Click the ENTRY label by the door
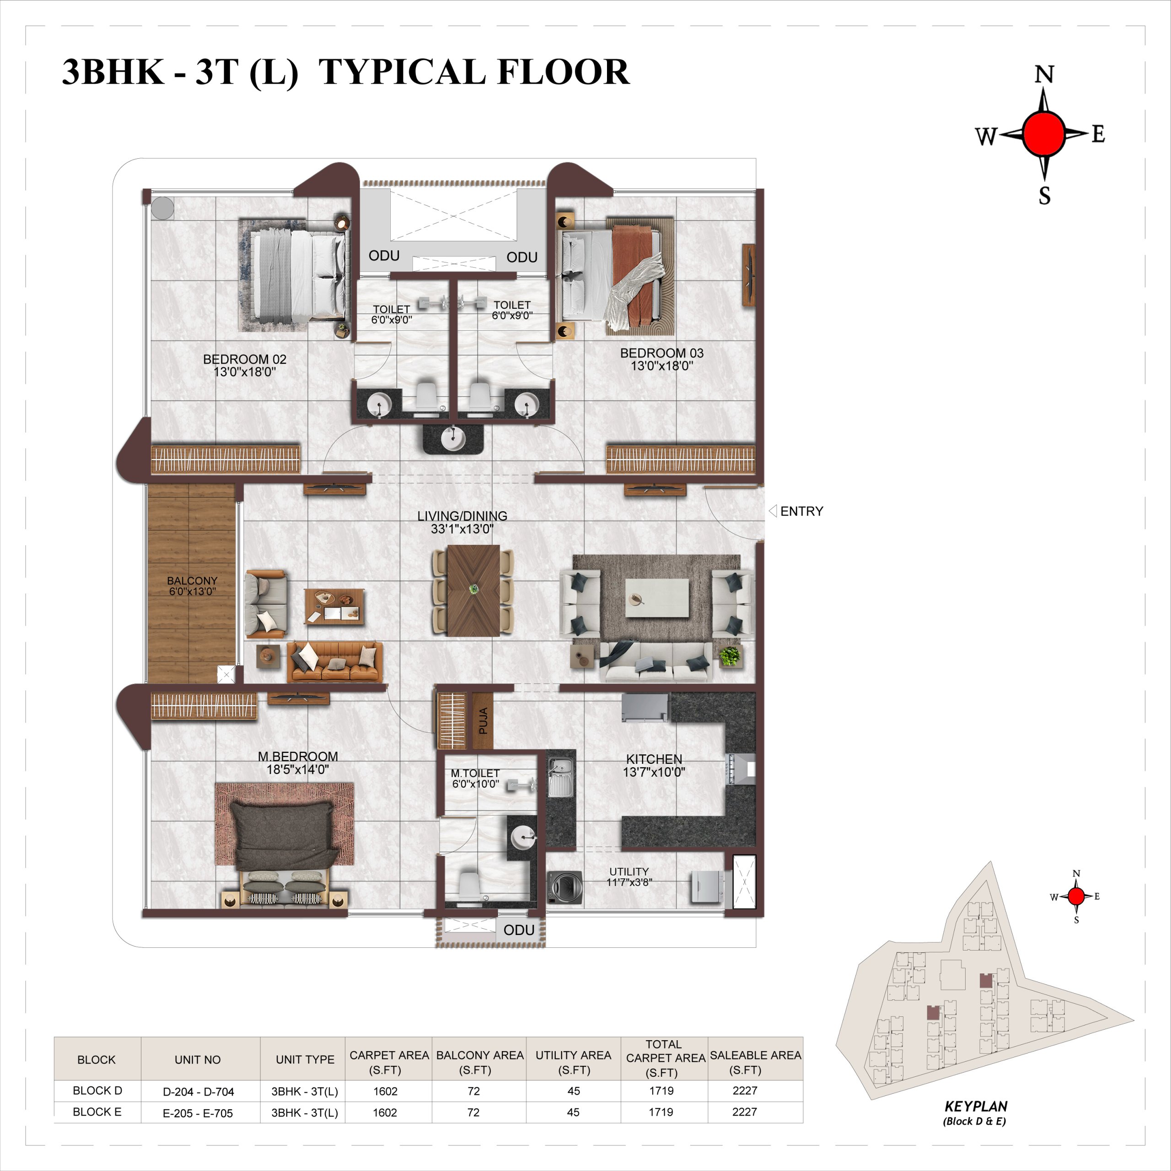click(x=801, y=511)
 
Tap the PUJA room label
click(x=483, y=720)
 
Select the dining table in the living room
click(x=473, y=590)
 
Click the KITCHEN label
click(x=654, y=759)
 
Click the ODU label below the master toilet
click(x=519, y=930)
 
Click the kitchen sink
click(x=561, y=778)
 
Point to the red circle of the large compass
click(x=1043, y=134)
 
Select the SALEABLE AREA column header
click(x=755, y=1063)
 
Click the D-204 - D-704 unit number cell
click(x=198, y=1091)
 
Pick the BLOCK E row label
click(x=97, y=1112)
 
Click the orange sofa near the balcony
click(x=334, y=661)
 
